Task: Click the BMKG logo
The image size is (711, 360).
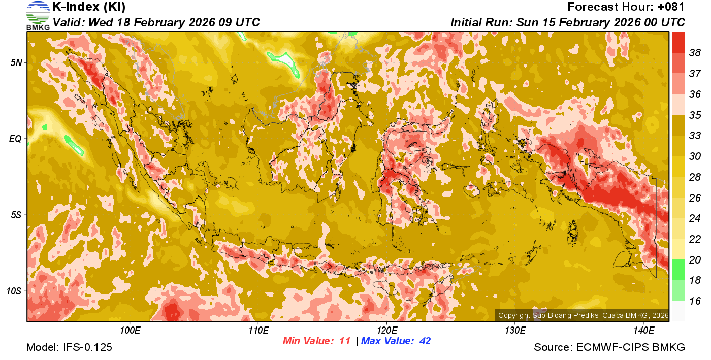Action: [38, 15]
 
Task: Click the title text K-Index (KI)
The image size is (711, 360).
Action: [89, 7]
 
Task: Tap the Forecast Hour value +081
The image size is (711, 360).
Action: [671, 7]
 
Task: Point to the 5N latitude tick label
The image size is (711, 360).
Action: [16, 62]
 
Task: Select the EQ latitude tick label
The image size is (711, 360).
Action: [15, 139]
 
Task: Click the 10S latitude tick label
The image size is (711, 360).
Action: [14, 291]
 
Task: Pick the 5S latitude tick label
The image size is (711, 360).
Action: [16, 215]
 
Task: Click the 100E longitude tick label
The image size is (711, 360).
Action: [130, 330]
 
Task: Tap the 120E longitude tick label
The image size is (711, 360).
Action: [386, 330]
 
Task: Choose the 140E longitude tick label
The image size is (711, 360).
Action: [643, 330]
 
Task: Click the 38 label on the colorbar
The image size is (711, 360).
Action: [695, 52]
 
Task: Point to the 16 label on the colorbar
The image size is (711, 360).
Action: [695, 301]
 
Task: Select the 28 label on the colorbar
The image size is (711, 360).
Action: [695, 177]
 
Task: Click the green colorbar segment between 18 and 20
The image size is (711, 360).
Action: [678, 270]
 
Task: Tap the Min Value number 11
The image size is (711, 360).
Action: [345, 341]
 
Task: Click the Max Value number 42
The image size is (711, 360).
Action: [425, 341]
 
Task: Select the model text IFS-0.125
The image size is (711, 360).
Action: [87, 347]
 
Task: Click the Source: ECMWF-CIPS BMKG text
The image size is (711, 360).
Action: [609, 347]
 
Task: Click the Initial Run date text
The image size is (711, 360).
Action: [568, 22]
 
